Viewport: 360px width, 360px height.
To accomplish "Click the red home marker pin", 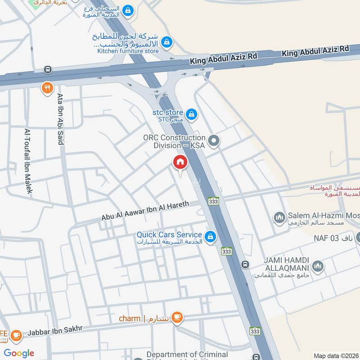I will [180, 162].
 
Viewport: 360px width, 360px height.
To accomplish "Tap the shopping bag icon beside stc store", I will [192, 114].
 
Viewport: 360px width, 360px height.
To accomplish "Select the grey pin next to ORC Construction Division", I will [214, 141].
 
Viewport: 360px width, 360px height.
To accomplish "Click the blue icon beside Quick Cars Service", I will [210, 236].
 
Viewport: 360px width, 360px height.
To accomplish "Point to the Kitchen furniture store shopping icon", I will [167, 42].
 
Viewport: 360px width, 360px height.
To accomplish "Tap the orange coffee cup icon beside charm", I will [177, 318].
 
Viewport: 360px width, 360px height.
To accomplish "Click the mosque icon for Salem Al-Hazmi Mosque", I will [279, 218].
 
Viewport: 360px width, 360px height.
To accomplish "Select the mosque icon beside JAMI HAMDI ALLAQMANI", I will [318, 266].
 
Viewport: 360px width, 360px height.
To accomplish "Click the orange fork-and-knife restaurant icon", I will [47, 88].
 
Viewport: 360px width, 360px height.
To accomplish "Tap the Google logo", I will [19, 353].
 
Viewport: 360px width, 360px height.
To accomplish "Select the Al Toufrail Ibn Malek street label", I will [28, 161].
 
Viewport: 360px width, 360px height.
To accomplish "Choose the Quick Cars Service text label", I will [169, 234].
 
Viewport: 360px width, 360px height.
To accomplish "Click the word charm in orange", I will [130, 318].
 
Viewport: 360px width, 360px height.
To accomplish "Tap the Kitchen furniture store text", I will [128, 51].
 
